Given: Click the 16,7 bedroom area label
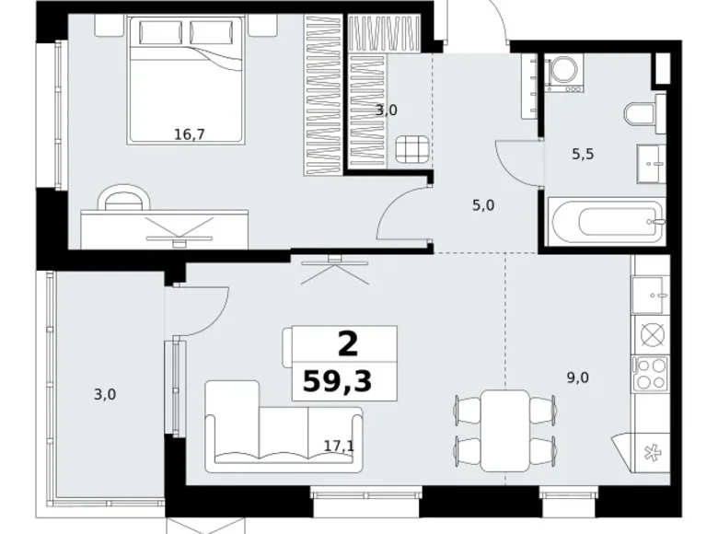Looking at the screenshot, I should [189, 133].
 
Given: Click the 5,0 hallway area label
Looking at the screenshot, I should [483, 204].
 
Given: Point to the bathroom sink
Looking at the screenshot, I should [654, 166].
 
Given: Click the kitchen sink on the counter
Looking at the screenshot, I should [652, 295].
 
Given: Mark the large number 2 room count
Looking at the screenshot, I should [348, 344].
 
